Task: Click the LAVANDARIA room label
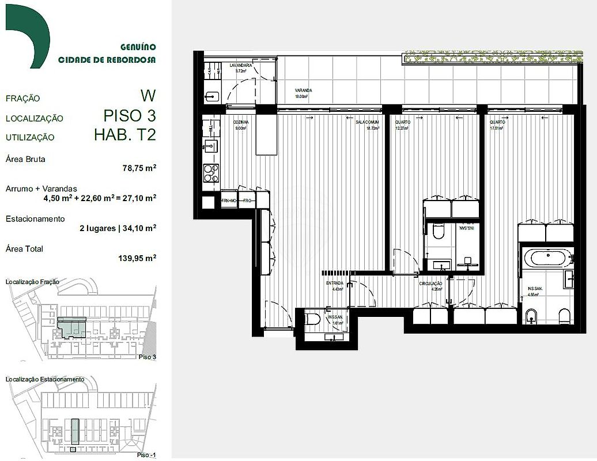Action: tap(241, 66)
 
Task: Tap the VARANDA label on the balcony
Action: tap(304, 90)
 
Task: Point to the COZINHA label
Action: tap(241, 123)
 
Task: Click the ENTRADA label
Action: tap(335, 283)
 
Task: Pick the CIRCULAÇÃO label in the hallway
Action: tap(430, 283)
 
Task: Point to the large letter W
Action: tap(148, 95)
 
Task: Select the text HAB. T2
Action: tap(125, 135)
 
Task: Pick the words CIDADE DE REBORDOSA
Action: tap(107, 59)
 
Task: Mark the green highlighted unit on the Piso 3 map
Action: tap(72, 326)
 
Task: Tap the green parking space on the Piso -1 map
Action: tap(75, 430)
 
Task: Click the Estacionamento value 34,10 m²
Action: tap(138, 228)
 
